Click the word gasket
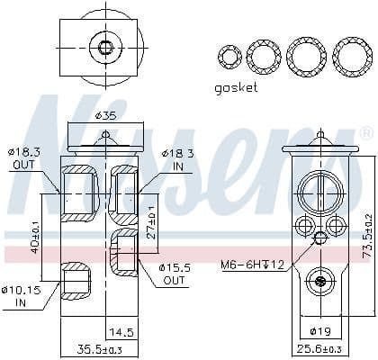pyautogui.click(x=236, y=87)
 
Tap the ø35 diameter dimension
pyautogui.click(x=107, y=116)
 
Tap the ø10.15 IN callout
pyautogui.click(x=21, y=295)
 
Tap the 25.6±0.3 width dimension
pyautogui.click(x=319, y=349)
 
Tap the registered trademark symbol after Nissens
pyautogui.click(x=364, y=133)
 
